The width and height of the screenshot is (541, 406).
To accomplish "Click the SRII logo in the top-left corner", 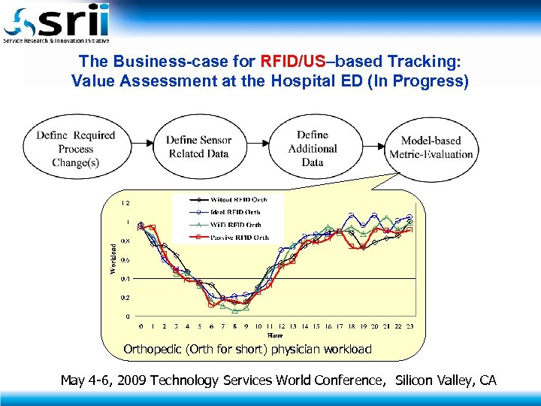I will tap(56, 23).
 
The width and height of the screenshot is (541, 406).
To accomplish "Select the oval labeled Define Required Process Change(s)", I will tap(75, 148).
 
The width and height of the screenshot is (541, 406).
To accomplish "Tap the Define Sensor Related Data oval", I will tap(198, 147).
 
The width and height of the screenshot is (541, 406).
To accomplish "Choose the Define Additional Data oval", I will tap(313, 148).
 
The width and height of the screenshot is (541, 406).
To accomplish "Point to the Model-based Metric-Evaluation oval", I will tap(431, 147).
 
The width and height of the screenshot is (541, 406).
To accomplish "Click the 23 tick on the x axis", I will tap(410, 326).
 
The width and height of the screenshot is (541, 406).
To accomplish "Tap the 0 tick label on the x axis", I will tap(141, 326).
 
